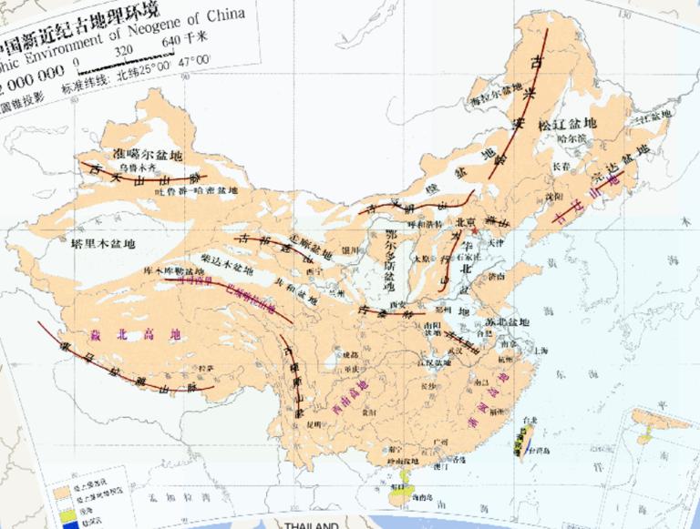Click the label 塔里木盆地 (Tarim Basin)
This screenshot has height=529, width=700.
(102, 244)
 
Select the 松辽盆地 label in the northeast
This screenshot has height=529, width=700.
(567, 123)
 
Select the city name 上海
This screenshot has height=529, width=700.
(542, 349)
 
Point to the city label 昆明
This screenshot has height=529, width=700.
(314, 424)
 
